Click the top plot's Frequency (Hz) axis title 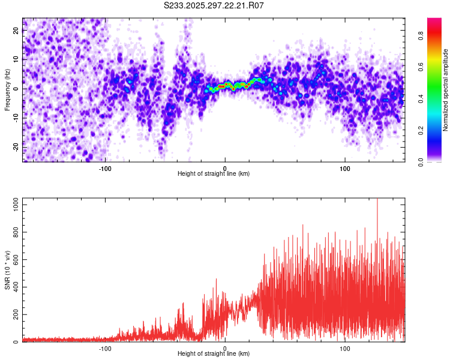(7, 89)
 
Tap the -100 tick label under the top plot (105, 168)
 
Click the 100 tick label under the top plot (345, 168)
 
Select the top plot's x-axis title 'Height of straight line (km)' (214, 174)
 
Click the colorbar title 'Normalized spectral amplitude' (446, 90)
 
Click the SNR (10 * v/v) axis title (7, 270)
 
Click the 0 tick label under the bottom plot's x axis (225, 348)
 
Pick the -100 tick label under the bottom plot (105, 348)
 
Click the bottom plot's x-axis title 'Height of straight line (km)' (214, 354)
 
